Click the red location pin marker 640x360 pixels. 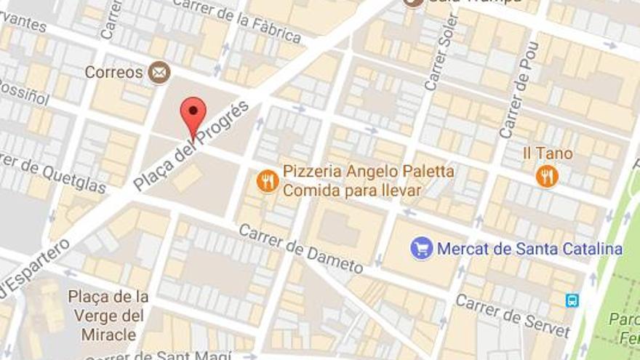point(193,113)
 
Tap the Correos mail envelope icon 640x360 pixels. point(159,72)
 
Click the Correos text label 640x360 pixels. point(113,72)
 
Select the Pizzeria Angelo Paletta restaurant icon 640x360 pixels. point(268,180)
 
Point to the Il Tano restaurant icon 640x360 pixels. point(546,175)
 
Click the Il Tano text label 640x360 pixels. point(548,153)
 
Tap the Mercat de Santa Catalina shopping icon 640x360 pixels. point(421,248)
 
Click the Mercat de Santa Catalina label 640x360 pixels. point(529,249)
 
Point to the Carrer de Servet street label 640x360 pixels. point(513,316)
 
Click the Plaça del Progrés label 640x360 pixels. point(191,145)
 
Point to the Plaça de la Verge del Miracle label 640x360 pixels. point(108,316)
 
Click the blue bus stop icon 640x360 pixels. point(572,300)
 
